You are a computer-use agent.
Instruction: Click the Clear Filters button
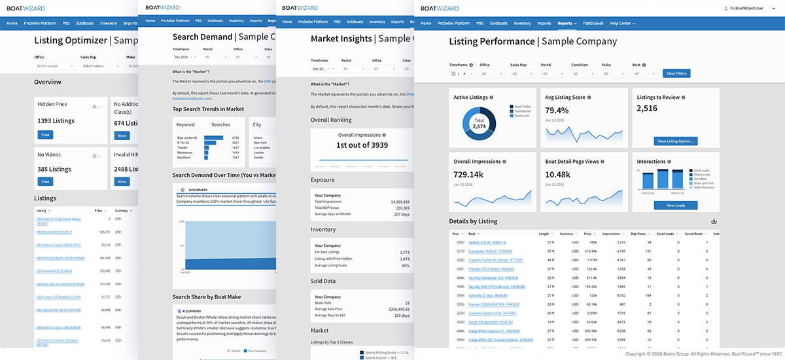676,73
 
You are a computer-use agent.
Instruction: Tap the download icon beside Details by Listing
714,221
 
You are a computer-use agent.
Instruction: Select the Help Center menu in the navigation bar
622,23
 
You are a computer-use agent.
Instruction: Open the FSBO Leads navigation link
593,23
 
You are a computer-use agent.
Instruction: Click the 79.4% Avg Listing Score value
558,111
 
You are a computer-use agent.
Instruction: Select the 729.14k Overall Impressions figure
468,175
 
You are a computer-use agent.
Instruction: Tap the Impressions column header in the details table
610,234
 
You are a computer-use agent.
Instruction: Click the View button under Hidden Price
45,135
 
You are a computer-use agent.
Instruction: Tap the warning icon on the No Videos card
95,156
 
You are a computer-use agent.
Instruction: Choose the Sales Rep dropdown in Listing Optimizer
98,65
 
